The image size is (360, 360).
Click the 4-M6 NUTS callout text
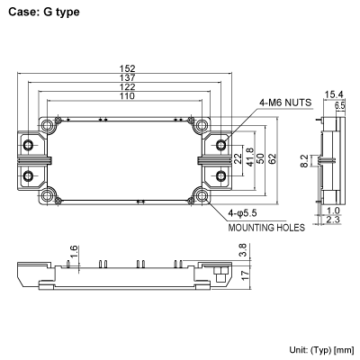285,102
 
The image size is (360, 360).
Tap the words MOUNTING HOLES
265,228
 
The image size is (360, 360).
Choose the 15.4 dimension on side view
332,94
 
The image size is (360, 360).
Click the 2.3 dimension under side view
332,220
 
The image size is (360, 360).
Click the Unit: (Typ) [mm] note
320,348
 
